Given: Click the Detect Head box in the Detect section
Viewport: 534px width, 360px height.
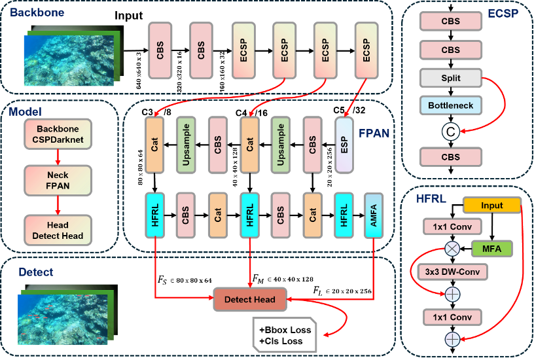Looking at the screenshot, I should click(250, 300).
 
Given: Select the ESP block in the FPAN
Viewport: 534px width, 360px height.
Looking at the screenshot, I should click(344, 145).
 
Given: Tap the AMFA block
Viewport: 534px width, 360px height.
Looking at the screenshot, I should click(374, 215).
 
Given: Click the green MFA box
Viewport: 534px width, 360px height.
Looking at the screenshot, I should click(492, 248).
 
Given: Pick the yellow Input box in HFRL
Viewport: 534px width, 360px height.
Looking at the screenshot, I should click(492, 206).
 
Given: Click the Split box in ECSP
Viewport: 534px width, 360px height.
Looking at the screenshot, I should click(450, 78).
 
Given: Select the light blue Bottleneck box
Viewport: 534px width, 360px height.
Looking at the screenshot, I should click(450, 105).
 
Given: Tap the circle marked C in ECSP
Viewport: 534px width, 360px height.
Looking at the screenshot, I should click(450, 132).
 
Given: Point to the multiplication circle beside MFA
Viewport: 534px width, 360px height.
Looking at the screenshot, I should click(452, 248).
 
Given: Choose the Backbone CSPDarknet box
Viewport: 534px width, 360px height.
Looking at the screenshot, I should click(58, 134).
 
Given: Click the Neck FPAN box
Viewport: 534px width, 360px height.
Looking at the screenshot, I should click(58, 181).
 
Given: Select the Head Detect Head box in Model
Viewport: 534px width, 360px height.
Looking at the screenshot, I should click(58, 230).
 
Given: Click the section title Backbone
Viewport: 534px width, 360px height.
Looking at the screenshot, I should click(37, 12).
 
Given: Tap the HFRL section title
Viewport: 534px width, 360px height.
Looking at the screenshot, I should click(431, 198).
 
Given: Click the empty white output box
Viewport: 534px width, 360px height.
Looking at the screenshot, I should click(285, 334).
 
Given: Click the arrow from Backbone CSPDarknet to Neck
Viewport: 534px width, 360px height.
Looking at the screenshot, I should click(58, 157).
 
